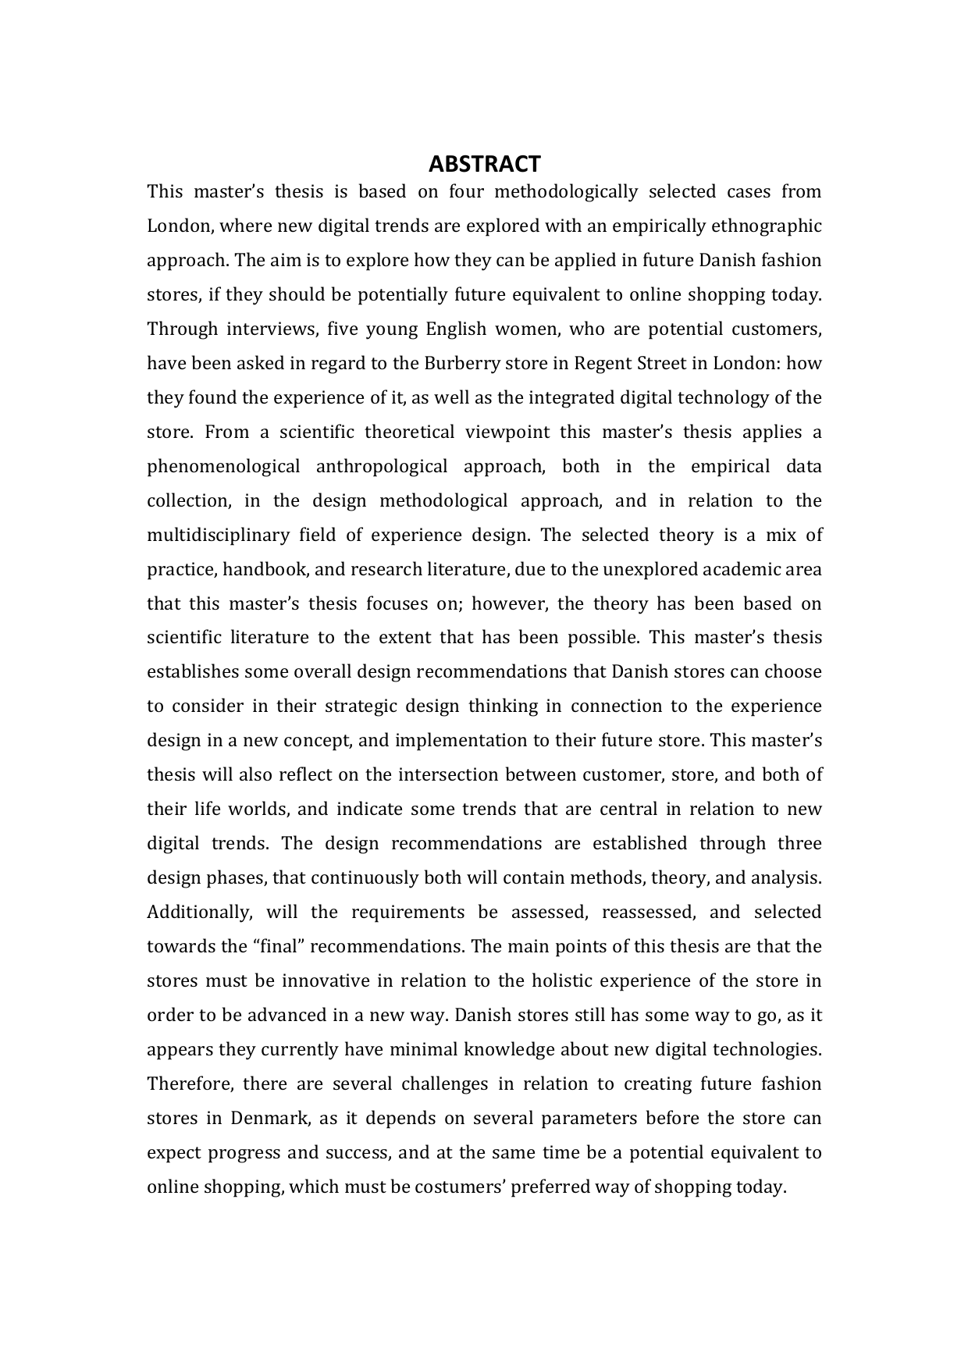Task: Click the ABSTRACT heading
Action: pyautogui.click(x=484, y=164)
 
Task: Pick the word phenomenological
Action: pyautogui.click(x=223, y=467)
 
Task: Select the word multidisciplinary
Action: pyautogui.click(x=215, y=536)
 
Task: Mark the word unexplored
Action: pyautogui.click(x=646, y=570)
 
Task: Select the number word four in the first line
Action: pyautogui.click(x=467, y=192)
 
